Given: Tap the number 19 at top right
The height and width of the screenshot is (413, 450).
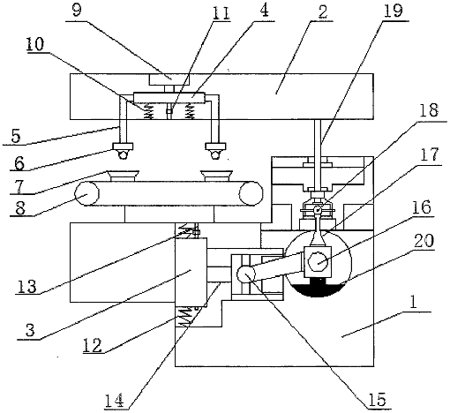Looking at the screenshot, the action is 394,11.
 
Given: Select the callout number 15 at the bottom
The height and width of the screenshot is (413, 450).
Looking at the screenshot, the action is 378,399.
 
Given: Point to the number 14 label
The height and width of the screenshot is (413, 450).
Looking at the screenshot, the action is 114,401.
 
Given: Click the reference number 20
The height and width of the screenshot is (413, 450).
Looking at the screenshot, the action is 424,241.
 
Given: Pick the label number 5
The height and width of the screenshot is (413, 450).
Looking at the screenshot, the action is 15,136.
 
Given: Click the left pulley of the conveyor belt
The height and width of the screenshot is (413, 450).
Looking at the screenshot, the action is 86,193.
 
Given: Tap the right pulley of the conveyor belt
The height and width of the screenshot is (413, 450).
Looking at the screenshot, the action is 251,193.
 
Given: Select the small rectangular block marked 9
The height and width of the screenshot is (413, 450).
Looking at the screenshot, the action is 169,79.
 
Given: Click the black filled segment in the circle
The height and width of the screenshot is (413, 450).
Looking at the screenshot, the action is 319,289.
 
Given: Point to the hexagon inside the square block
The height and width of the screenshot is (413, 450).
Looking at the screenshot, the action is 318,261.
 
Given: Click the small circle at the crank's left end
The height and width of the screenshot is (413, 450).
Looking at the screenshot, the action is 246,274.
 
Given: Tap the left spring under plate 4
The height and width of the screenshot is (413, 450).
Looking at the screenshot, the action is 149,112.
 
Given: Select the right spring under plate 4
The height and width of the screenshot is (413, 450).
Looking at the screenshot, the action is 190,112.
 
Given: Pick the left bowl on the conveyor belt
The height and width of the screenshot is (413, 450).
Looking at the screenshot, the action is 124,176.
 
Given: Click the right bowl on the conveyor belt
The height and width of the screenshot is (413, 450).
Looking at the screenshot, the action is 216,176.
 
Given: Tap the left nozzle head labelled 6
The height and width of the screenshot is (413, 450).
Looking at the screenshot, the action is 123,151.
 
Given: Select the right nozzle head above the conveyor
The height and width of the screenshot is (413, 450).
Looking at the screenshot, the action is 215,151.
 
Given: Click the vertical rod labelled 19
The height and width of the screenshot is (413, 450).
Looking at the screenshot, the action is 318,156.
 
